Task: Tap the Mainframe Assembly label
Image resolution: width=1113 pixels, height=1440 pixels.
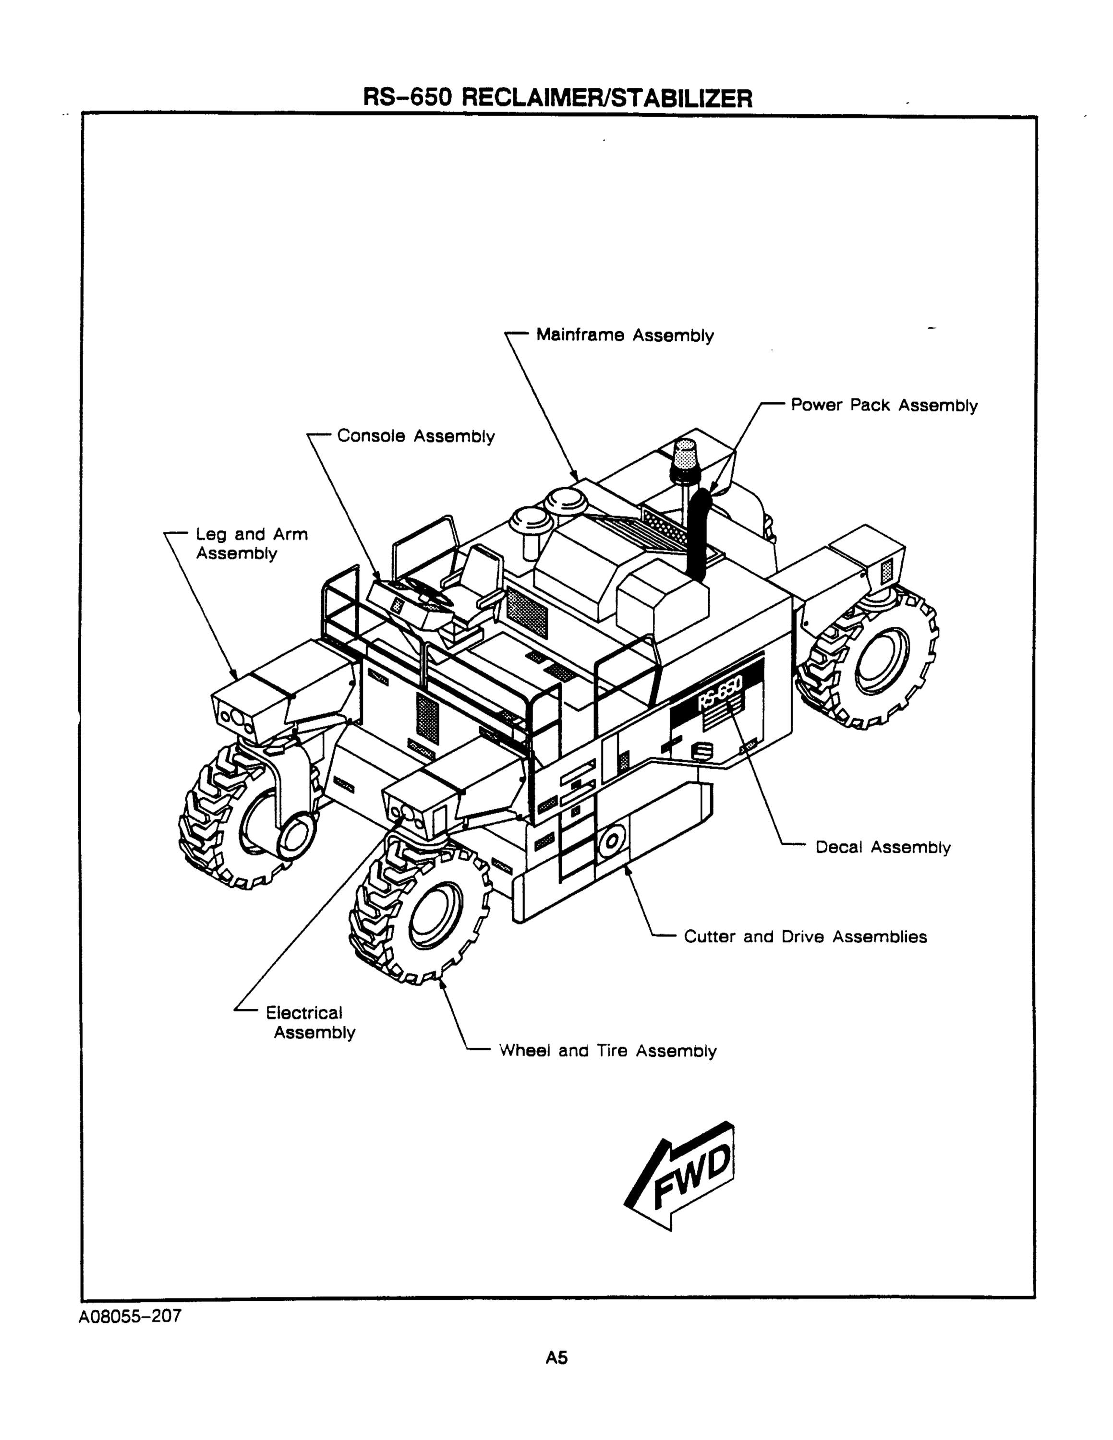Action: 624,336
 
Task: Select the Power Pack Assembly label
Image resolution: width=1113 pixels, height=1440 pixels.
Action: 883,406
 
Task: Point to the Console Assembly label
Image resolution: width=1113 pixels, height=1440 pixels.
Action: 415,436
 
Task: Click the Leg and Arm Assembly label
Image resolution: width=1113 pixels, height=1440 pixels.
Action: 252,544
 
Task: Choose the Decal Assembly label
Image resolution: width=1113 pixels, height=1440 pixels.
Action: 883,847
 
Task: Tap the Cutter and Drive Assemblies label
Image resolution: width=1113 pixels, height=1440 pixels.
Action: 805,937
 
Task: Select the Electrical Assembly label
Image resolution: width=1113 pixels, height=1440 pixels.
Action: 310,1022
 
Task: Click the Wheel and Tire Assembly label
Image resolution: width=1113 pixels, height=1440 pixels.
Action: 607,1051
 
